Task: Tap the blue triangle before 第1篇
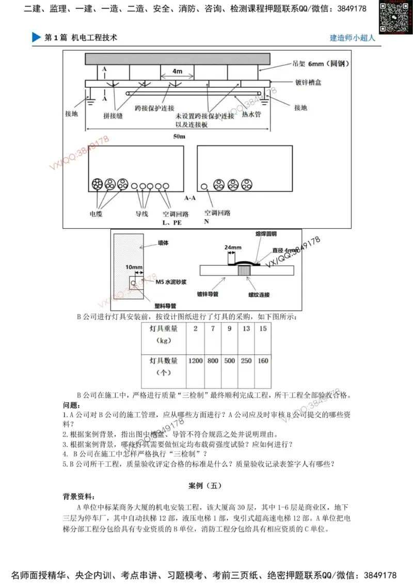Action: click(x=36, y=38)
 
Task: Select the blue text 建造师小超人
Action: click(x=352, y=38)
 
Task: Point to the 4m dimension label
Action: click(x=177, y=70)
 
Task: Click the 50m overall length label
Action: click(x=179, y=136)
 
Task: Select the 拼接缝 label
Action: click(x=113, y=116)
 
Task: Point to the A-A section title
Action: click(x=189, y=197)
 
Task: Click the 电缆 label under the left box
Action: click(x=96, y=213)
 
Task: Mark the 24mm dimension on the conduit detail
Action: click(x=233, y=247)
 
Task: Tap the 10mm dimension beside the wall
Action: click(x=133, y=267)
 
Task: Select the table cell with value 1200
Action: click(x=195, y=360)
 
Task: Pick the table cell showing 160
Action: click(x=263, y=360)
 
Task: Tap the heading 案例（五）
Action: click(x=206, y=485)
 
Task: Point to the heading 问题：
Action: click(x=72, y=405)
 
